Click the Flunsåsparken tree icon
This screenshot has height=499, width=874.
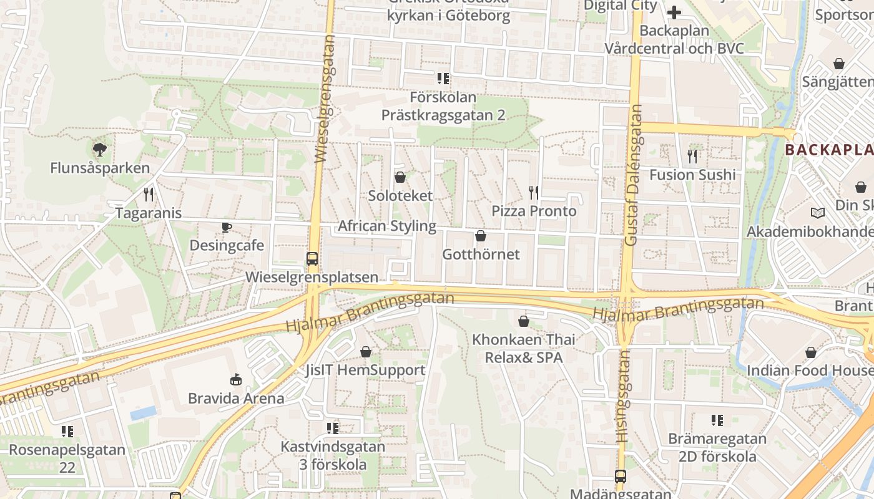(99, 149)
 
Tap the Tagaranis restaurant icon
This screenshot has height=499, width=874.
(149, 195)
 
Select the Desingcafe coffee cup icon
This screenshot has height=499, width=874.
(227, 227)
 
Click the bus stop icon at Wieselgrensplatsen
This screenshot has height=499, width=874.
(312, 258)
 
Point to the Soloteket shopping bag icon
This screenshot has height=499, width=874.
(400, 177)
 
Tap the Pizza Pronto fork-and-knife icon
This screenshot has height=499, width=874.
(534, 192)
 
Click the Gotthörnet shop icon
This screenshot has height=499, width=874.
(481, 236)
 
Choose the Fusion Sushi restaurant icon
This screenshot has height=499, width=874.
(692, 157)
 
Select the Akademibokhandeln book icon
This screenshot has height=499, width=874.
(817, 213)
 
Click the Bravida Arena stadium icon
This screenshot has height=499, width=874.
(236, 379)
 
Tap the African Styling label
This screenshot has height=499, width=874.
(387, 226)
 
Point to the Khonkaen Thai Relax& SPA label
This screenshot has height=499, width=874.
(524, 349)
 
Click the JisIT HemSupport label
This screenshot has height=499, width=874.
(365, 370)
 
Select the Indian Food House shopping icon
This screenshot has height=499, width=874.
(811, 352)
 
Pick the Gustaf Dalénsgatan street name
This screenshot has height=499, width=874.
(633, 175)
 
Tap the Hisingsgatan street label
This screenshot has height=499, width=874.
(623, 397)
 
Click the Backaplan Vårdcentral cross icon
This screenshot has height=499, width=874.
(674, 12)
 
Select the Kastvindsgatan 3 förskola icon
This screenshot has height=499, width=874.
(333, 428)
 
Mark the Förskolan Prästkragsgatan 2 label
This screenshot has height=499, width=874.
(443, 106)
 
